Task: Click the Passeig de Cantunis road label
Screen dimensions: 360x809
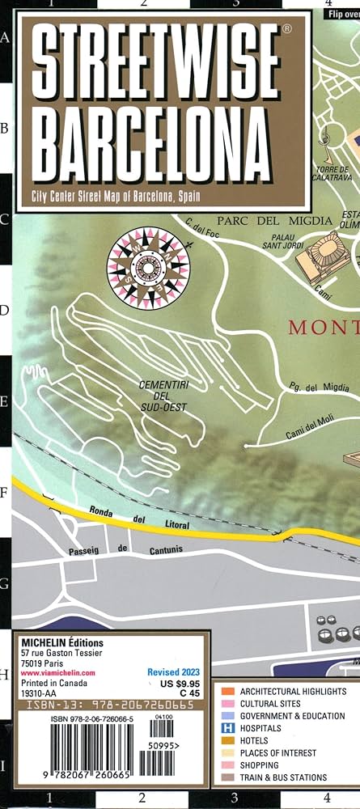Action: point(118,549)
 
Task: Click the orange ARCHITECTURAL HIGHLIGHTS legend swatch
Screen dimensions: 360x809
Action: point(228,692)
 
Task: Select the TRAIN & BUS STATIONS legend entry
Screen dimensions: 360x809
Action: point(283,777)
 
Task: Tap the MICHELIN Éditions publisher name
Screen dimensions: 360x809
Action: point(56,644)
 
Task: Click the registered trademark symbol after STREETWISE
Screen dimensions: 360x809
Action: point(286,29)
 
